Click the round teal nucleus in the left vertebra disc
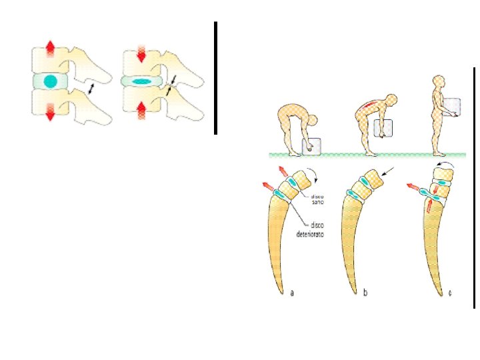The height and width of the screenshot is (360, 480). (x=49, y=81)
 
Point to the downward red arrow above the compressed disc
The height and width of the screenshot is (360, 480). (x=141, y=53)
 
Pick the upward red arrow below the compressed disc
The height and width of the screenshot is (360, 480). (x=141, y=109)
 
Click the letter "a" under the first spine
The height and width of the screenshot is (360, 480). (x=291, y=292)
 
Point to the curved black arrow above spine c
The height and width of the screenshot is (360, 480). (x=442, y=163)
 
